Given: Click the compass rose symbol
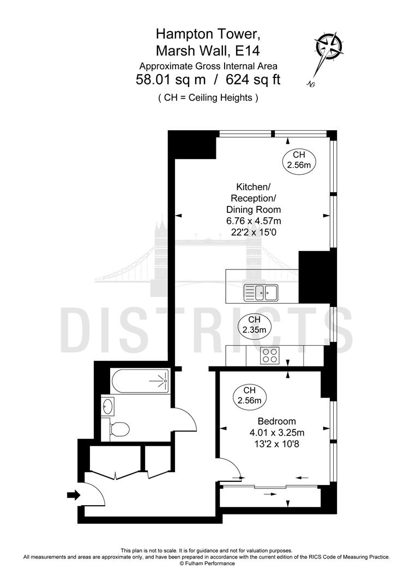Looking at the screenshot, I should click(329, 50).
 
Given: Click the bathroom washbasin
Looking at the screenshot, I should click(108, 406).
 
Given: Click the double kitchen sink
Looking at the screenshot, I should click(261, 292).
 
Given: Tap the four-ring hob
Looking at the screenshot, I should click(269, 356).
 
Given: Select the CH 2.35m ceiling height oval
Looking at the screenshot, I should click(254, 325).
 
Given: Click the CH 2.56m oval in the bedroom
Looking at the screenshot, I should click(250, 396).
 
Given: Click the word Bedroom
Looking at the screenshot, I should click(276, 421).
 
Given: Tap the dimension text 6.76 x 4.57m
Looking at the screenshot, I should click(254, 220).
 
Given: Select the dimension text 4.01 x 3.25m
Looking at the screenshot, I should click(276, 432).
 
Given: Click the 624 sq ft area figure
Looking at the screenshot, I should click(255, 80).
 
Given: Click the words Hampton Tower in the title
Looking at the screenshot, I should click(208, 34).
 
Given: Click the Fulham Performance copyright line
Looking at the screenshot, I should click(208, 563).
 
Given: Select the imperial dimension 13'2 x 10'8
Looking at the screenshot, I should click(276, 444).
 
